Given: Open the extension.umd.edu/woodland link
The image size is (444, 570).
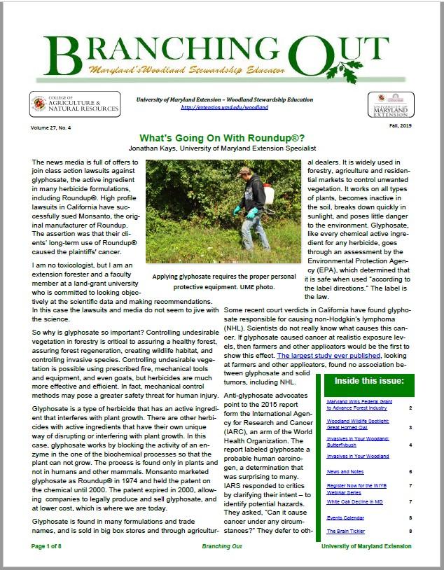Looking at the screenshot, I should click(x=224, y=107).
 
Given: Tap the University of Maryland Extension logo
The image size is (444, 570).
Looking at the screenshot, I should click(x=390, y=104).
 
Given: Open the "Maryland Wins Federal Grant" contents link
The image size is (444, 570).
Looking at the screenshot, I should click(x=357, y=405).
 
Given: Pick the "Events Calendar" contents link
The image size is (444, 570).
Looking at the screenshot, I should click(x=343, y=518).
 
